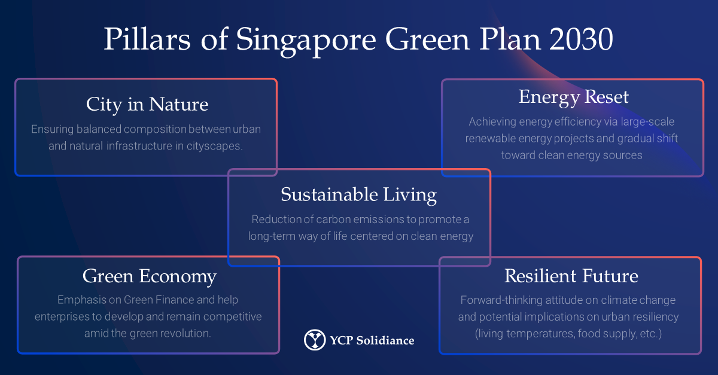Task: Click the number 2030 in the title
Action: [x=581, y=39]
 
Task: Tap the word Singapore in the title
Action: [x=306, y=42]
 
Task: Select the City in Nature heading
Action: [x=147, y=105]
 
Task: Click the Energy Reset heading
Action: [x=574, y=97]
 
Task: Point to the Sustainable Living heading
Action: [x=358, y=195]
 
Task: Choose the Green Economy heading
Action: [x=150, y=277]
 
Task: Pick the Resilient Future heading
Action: [x=571, y=276]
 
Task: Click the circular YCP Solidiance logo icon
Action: [x=315, y=340]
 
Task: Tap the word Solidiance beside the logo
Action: [x=385, y=340]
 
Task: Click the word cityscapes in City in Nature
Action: [x=214, y=146]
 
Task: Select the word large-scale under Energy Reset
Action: [x=647, y=122]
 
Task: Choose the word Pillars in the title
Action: [x=147, y=39]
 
